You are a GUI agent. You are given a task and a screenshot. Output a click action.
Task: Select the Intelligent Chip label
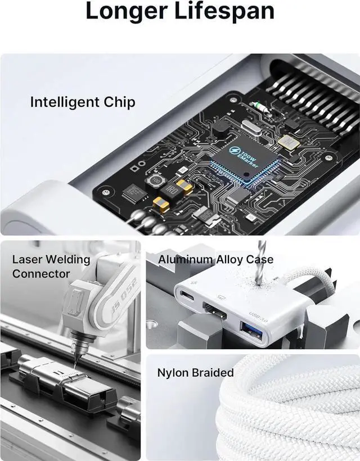[82, 102]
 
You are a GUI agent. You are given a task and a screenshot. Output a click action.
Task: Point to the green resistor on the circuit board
[259, 106]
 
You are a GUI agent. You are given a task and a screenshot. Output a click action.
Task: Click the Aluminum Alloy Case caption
[215, 260]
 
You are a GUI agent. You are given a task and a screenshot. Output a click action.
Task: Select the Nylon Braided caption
[195, 373]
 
